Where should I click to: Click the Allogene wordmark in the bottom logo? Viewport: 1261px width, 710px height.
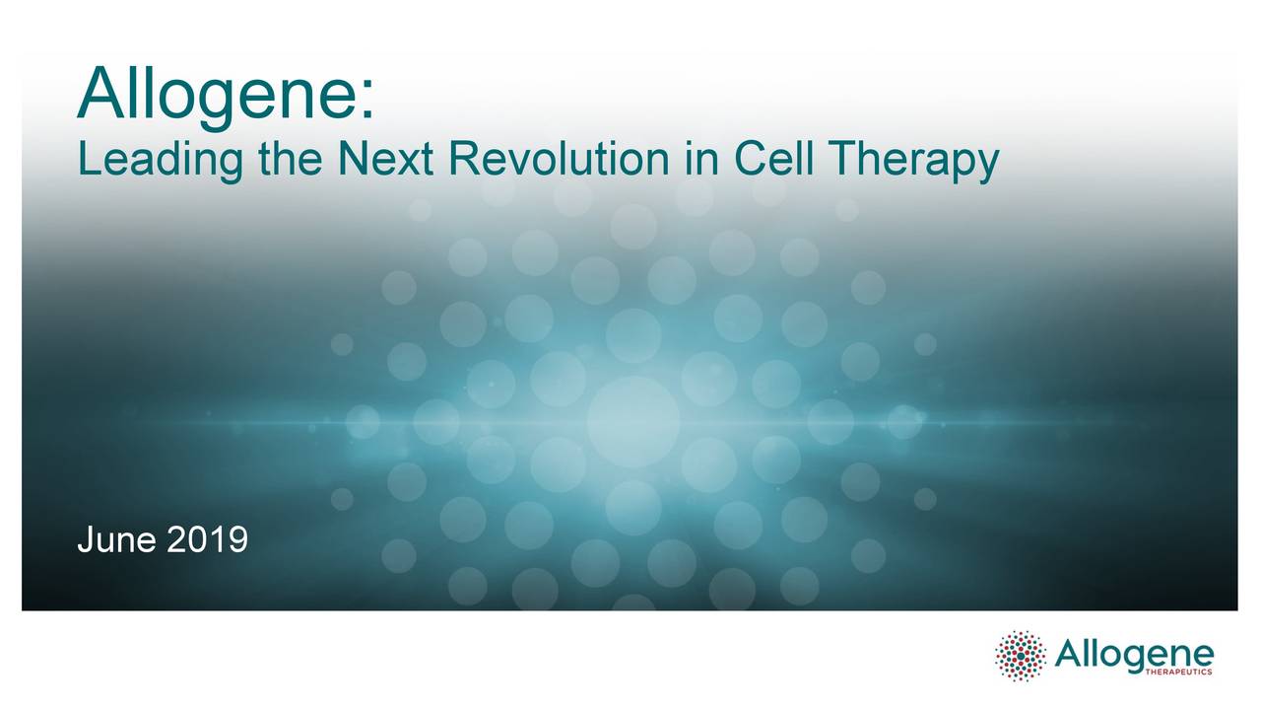coord(1134,651)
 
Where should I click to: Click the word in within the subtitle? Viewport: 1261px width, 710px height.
coord(702,159)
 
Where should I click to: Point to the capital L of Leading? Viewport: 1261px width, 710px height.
coord(87,159)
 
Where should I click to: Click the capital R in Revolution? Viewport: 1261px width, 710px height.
coord(463,159)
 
